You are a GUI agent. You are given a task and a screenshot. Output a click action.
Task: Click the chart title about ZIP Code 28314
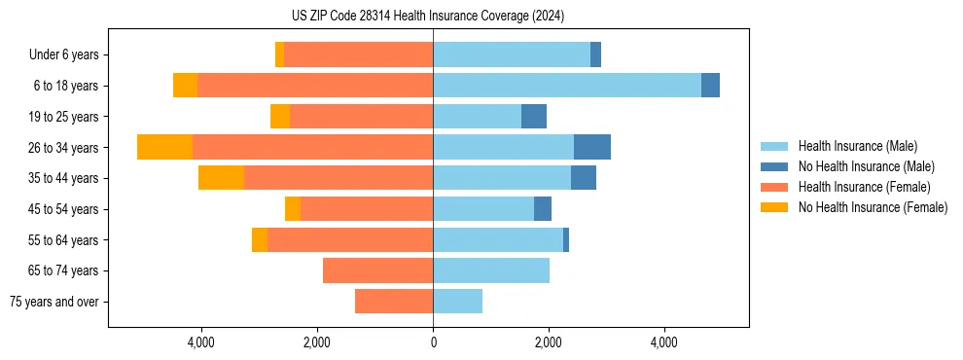coord(428,16)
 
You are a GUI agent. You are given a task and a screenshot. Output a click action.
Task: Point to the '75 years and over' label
coord(54,302)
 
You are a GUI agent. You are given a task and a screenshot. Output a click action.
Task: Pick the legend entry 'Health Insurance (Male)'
coord(857,146)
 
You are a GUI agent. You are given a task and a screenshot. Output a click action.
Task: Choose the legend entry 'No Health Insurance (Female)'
coord(873,207)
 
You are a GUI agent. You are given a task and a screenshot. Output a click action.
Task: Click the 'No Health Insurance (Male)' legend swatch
coord(774,166)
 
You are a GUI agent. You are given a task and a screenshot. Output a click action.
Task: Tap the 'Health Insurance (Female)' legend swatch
coord(774,187)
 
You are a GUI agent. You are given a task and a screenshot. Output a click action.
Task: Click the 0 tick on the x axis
coord(433,342)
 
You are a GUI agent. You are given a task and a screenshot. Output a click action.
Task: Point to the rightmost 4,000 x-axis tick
coord(664,342)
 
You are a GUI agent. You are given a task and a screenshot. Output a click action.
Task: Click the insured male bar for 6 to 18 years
coord(566,86)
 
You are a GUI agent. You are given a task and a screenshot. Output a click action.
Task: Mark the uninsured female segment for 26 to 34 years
coord(164,147)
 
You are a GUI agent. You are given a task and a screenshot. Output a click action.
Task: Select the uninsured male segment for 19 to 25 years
coord(534,117)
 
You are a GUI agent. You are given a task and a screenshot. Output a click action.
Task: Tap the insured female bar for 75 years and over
coord(394,302)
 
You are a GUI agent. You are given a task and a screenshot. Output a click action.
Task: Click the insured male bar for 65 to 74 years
coord(491,270)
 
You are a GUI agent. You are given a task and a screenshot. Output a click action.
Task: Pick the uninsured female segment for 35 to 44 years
coord(221,178)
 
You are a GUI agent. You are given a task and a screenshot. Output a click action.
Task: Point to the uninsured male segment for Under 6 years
coord(595,54)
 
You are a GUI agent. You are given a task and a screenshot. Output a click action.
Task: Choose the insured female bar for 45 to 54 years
coord(367,209)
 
